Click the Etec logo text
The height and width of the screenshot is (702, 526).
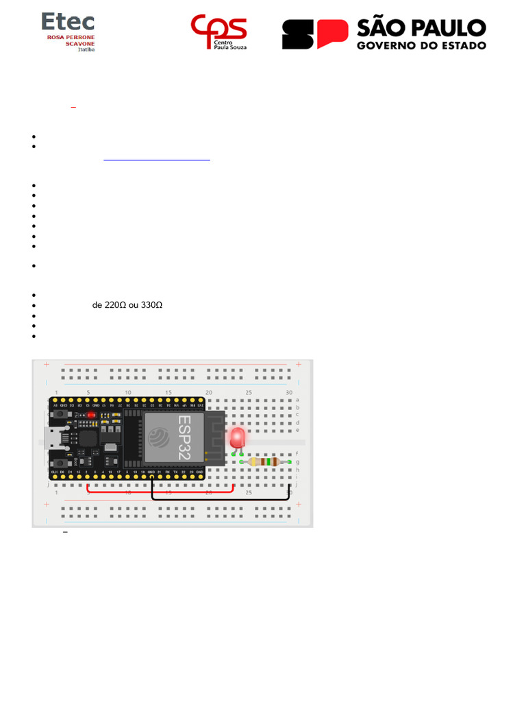click(68, 22)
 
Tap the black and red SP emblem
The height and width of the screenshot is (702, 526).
click(315, 34)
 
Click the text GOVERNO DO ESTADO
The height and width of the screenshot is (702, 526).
click(421, 45)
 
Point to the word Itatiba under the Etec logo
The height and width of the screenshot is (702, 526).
click(86, 49)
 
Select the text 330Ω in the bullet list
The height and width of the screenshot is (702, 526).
click(150, 305)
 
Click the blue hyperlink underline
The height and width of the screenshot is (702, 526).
click(157, 160)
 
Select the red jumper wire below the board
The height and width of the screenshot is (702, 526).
click(161, 492)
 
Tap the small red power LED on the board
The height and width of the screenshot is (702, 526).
click(90, 415)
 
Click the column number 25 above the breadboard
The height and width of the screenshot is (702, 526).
click(249, 393)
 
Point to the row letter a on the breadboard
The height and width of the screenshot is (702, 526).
click(297, 400)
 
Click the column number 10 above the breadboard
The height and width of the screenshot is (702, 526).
click(127, 393)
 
